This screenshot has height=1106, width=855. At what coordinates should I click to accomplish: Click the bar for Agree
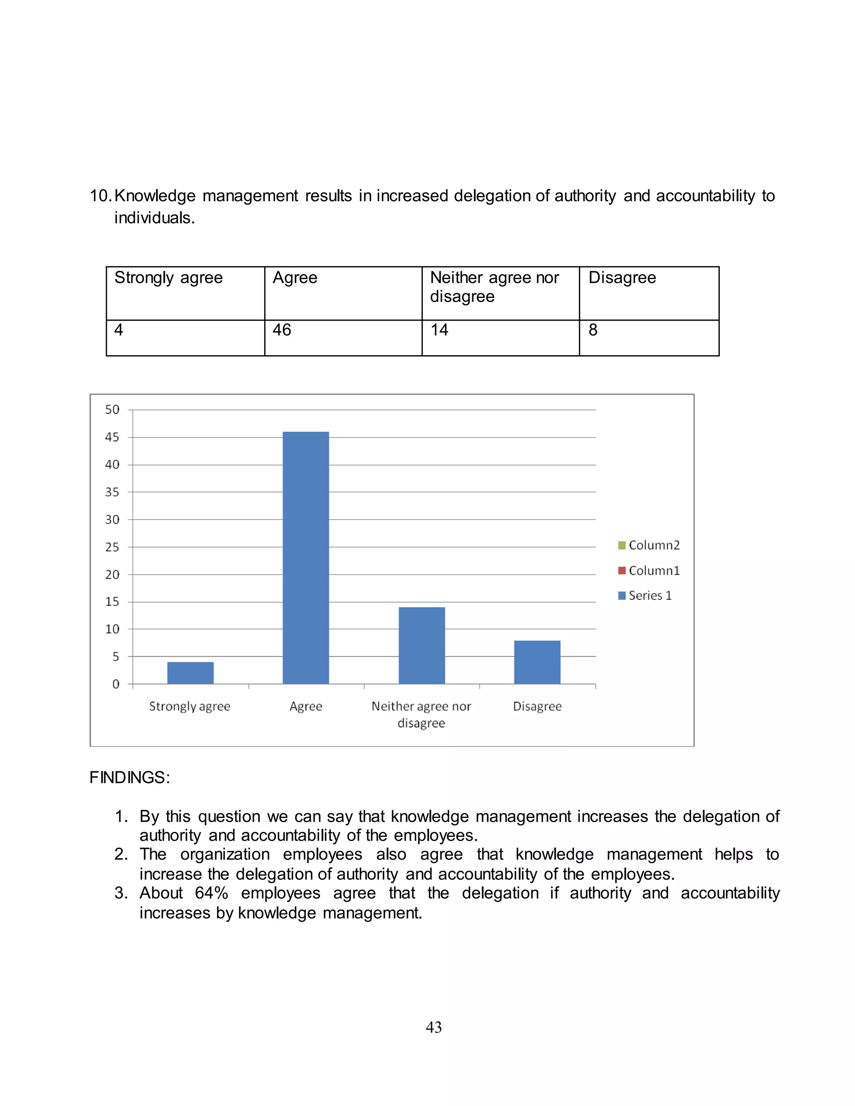pos(306,557)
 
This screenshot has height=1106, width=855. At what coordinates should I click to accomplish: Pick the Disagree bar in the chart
pos(537,662)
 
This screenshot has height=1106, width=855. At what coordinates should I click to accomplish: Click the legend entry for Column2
pos(649,545)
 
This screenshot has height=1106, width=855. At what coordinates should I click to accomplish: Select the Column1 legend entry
pos(649,571)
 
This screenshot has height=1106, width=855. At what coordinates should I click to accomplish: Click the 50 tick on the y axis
pos(112,410)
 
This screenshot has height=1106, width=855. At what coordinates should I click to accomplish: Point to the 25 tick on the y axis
pos(112,547)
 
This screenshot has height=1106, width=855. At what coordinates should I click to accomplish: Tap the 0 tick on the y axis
pos(116,684)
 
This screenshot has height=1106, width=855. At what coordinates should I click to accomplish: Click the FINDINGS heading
pos(130,778)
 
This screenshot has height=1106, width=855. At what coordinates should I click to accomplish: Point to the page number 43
pos(434,1027)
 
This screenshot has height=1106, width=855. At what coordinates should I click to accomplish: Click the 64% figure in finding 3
pos(211,893)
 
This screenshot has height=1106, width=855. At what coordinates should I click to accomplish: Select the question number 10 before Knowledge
pos(100,196)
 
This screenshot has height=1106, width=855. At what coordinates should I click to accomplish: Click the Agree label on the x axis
pos(306,707)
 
